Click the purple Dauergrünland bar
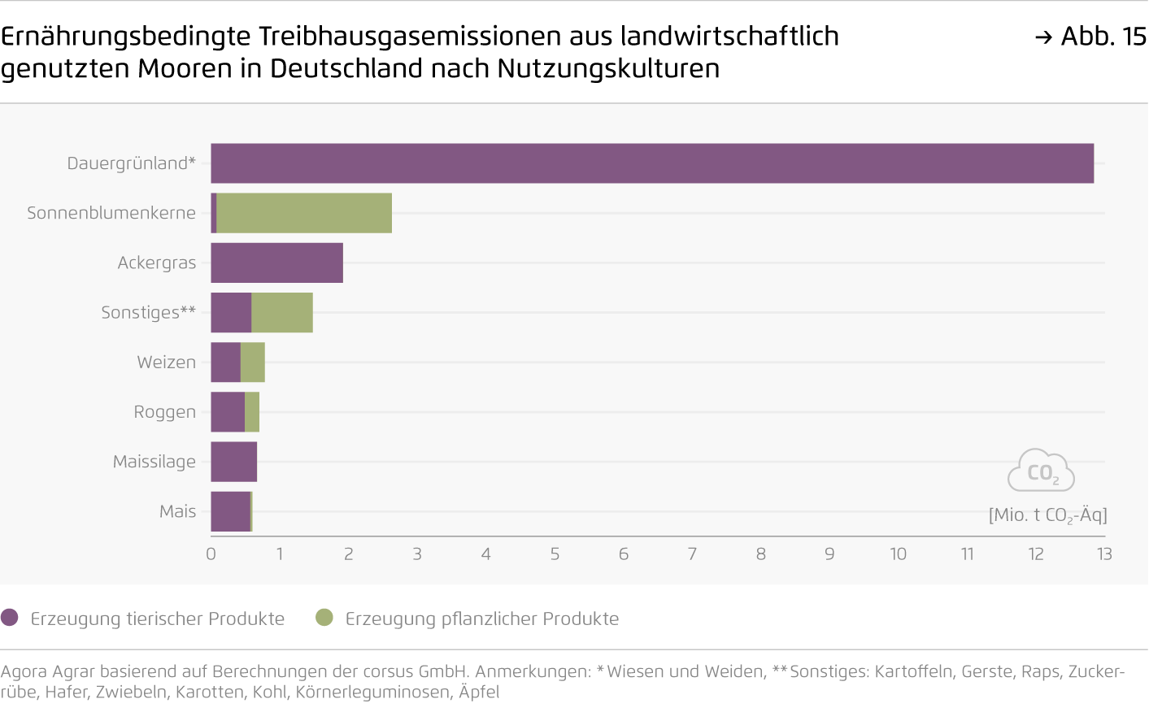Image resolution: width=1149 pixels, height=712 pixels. (651, 163)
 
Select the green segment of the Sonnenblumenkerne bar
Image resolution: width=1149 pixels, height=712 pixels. (304, 213)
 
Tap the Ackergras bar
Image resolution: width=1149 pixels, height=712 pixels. (276, 263)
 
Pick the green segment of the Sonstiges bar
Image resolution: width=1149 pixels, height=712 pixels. (282, 313)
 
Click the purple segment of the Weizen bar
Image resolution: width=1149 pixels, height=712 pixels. (225, 363)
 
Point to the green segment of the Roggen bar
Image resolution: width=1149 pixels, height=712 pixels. (252, 412)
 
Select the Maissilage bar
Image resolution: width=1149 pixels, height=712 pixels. (233, 462)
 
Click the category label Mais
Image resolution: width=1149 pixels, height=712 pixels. (177, 511)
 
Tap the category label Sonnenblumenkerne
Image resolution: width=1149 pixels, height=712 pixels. (111, 213)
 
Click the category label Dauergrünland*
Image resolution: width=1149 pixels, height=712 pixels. (131, 163)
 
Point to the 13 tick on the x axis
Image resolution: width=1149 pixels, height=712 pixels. (1103, 554)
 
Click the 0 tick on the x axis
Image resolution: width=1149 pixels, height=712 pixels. (211, 554)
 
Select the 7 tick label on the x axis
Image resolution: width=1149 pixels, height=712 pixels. (692, 554)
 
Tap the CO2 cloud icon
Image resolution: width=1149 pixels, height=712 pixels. (1041, 471)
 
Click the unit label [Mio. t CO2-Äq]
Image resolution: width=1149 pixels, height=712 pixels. (1047, 515)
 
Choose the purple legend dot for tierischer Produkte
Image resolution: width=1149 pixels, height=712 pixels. (10, 618)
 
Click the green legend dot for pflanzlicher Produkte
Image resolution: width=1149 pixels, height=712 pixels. (324, 618)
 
